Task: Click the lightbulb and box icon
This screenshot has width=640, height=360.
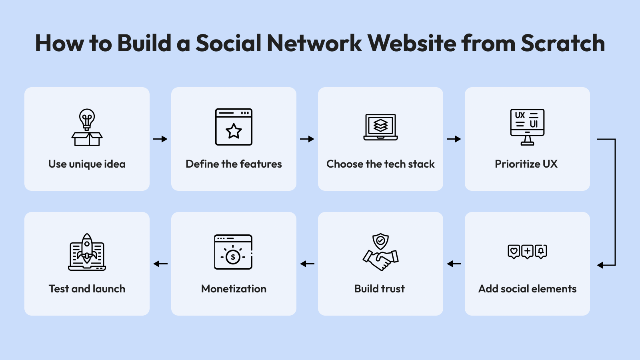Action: point(87,127)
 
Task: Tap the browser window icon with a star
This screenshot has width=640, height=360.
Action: point(234,127)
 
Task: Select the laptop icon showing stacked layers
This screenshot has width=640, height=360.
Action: point(380,127)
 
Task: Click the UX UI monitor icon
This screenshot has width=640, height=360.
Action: point(527,127)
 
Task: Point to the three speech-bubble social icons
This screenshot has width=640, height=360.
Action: point(527,252)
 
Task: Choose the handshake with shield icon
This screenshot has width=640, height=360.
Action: point(380,252)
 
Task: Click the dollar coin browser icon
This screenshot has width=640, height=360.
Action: point(233,252)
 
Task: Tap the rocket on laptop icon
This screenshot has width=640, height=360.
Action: point(87,252)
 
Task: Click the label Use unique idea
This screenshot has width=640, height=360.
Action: point(87,164)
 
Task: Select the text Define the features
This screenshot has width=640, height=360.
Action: point(234,164)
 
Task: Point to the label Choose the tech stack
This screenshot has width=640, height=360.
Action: point(380,164)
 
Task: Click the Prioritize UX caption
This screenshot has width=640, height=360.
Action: point(526,164)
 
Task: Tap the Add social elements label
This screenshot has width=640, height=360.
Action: point(527,289)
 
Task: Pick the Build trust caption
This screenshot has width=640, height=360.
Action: point(379,289)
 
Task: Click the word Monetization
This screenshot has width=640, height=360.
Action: point(234,289)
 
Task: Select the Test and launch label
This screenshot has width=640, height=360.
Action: point(87,289)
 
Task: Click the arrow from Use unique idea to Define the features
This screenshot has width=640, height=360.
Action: point(160,139)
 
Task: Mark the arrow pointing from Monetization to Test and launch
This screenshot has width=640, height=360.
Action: point(160,264)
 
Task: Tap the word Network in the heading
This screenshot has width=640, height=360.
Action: point(314,43)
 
